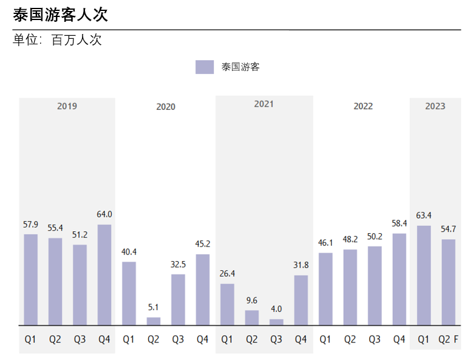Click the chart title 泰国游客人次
pos(60,15)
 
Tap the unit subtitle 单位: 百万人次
pos(57,41)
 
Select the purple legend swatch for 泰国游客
pos(205,67)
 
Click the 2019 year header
pos(67,106)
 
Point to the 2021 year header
pos(263,104)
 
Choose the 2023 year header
pos(435,106)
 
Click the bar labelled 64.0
pos(104,274)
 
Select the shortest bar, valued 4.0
pos(276,322)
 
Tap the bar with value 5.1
pos(154,321)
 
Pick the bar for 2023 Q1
pos(424,275)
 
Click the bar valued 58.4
pos(399,279)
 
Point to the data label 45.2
pos(203,244)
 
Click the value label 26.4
pos(227,274)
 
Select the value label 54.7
pos(448,229)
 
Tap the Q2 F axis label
pos(448,340)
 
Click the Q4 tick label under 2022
pos(399,340)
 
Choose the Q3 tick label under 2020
pos(178,340)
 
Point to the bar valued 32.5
pos(178,299)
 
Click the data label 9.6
pos(252,300)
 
